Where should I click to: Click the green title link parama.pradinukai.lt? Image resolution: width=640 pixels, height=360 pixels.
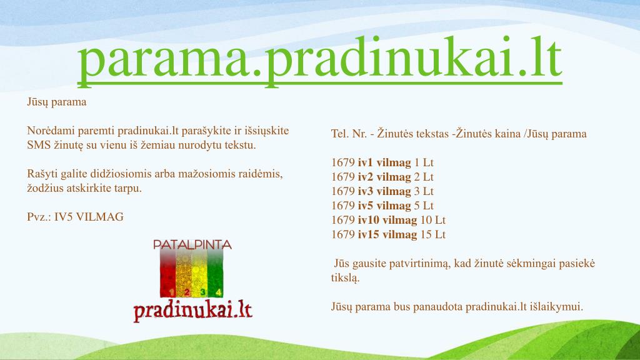319,60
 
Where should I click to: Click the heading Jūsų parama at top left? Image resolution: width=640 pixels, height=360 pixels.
56,101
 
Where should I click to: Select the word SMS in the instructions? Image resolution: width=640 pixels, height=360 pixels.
39,145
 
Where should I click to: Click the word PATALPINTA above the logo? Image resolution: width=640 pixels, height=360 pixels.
192,244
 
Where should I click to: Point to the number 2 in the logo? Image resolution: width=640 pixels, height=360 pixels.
186,292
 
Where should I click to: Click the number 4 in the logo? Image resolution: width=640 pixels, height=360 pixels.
218,292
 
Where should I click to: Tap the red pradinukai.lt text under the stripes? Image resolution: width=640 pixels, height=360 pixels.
192,310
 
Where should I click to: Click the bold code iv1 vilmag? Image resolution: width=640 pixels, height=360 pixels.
384,162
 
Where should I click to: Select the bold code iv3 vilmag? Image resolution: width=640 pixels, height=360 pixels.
384,191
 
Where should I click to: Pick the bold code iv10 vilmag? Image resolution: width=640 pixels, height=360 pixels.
387,220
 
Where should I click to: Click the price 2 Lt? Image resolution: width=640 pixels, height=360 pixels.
424,177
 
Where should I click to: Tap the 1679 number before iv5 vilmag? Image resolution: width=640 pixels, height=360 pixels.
342,206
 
